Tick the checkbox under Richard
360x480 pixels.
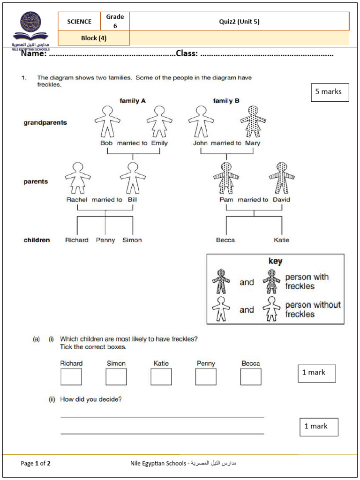tap(71, 376)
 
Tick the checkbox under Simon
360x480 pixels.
tap(116, 376)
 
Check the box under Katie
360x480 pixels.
tap(161, 376)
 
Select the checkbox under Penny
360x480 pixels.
tap(206, 376)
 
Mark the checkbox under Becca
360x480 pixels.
tap(251, 376)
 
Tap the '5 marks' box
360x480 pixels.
tap(330, 92)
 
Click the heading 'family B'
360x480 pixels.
tap(226, 100)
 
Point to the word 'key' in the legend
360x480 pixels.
tap(275, 261)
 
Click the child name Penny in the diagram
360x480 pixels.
tap(105, 240)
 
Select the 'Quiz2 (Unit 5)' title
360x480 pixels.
tap(239, 22)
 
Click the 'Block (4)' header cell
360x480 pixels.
tap(94, 38)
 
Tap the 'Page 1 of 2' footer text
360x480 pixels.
tap(36, 464)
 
